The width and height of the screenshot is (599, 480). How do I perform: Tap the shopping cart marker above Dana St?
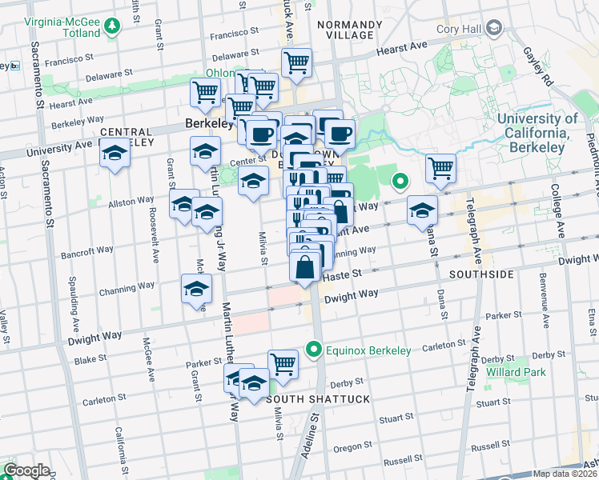[440, 167]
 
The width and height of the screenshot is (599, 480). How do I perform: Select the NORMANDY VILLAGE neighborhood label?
[345, 30]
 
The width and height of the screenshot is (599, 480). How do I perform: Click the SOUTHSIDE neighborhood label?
[480, 274]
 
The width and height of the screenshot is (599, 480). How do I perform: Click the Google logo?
[26, 470]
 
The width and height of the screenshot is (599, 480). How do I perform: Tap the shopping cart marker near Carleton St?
[283, 363]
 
